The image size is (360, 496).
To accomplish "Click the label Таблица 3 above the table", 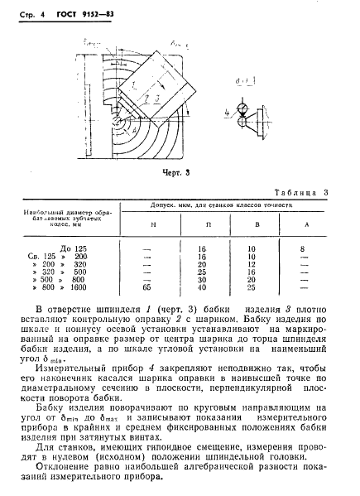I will tap(300, 193).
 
